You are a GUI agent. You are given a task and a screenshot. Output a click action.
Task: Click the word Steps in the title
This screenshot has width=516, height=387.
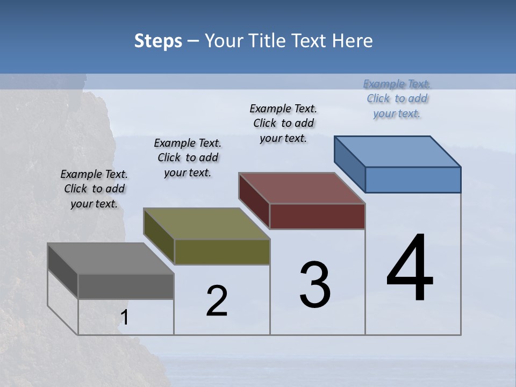[x=158, y=41]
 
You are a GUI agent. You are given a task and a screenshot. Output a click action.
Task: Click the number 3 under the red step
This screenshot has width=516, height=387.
[x=315, y=284]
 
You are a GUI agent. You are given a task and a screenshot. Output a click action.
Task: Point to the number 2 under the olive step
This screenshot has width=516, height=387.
[x=217, y=300]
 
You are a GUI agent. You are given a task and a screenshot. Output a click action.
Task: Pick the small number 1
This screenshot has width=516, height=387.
[x=125, y=318]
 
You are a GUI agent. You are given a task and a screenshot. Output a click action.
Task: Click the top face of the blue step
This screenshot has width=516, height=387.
[x=398, y=152]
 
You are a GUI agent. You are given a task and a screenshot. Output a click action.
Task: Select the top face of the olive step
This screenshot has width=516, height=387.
[x=206, y=224]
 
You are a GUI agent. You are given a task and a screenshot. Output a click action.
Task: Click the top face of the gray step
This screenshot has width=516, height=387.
[x=111, y=259]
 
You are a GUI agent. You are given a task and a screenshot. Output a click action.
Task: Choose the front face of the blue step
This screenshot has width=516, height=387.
[x=413, y=180]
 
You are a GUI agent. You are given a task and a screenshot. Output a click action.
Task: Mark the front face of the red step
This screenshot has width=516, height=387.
[x=317, y=216]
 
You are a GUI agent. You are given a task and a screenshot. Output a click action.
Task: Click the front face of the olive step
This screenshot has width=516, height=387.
[x=222, y=252]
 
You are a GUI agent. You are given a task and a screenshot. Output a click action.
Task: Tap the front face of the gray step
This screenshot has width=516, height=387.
[x=126, y=286]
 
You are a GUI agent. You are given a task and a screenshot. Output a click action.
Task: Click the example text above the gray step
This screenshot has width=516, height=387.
[x=94, y=189]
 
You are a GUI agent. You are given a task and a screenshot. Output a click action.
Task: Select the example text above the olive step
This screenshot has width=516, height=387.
[x=188, y=157]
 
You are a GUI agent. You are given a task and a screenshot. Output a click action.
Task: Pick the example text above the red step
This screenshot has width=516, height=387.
[x=283, y=123]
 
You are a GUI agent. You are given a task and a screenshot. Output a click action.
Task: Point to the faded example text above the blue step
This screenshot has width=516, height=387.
[x=397, y=98]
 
